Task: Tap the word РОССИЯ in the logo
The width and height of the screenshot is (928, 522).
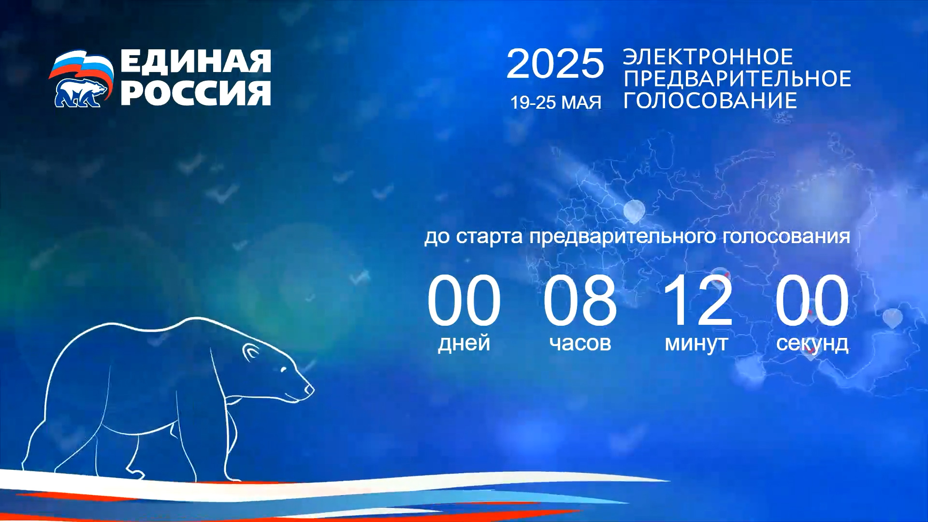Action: (x=196, y=93)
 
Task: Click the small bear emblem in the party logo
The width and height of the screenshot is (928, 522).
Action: (x=80, y=92)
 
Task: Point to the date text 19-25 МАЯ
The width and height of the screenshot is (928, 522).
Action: (x=556, y=102)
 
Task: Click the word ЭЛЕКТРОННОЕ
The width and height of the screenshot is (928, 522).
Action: (x=708, y=57)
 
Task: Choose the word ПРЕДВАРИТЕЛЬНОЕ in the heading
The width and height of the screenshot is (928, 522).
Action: (x=737, y=78)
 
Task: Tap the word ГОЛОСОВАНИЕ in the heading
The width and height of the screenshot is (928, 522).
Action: (x=710, y=100)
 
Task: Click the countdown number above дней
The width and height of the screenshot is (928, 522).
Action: (x=464, y=300)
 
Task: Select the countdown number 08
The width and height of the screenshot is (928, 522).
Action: (x=580, y=300)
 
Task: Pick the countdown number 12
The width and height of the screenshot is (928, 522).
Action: (x=697, y=300)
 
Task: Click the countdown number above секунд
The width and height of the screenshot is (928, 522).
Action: (x=812, y=300)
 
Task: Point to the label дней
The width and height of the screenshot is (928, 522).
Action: (x=464, y=344)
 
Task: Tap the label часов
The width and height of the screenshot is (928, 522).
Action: (x=580, y=344)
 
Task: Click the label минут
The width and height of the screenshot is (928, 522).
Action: (x=696, y=344)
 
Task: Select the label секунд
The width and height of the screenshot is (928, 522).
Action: (x=812, y=344)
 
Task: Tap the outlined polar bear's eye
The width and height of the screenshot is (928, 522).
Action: (x=283, y=370)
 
